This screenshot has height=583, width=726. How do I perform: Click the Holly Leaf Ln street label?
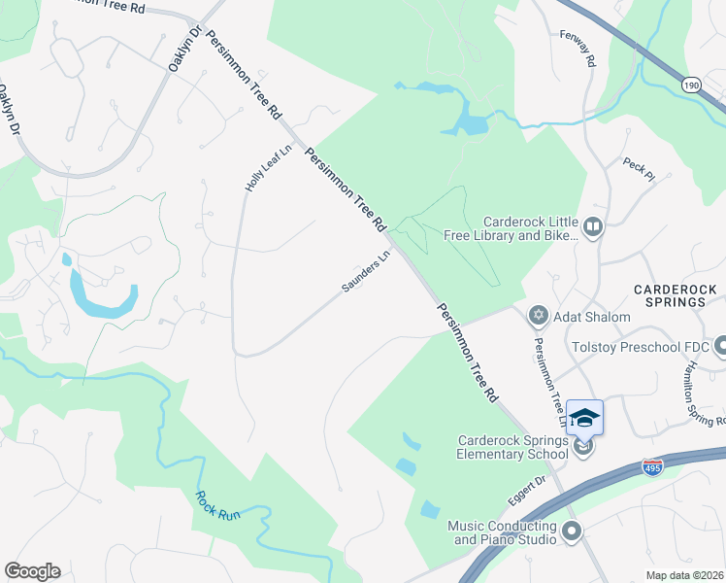pos(255,168)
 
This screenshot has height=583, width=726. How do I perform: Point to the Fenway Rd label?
pos(588,48)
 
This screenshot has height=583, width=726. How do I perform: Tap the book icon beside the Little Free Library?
pos(593,227)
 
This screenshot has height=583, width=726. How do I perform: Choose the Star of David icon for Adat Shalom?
pos(538,316)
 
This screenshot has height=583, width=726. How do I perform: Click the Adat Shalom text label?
pos(592,317)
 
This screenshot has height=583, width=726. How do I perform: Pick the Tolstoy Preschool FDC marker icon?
pos(720,346)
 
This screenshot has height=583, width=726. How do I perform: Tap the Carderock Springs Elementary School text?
pos(513,446)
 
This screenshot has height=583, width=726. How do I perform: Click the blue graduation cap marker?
pos(584,418)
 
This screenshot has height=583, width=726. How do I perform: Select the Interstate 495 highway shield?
pos(652,468)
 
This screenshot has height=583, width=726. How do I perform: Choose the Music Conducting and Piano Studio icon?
pos(572,531)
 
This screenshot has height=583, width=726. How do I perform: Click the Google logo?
pos(32,571)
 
